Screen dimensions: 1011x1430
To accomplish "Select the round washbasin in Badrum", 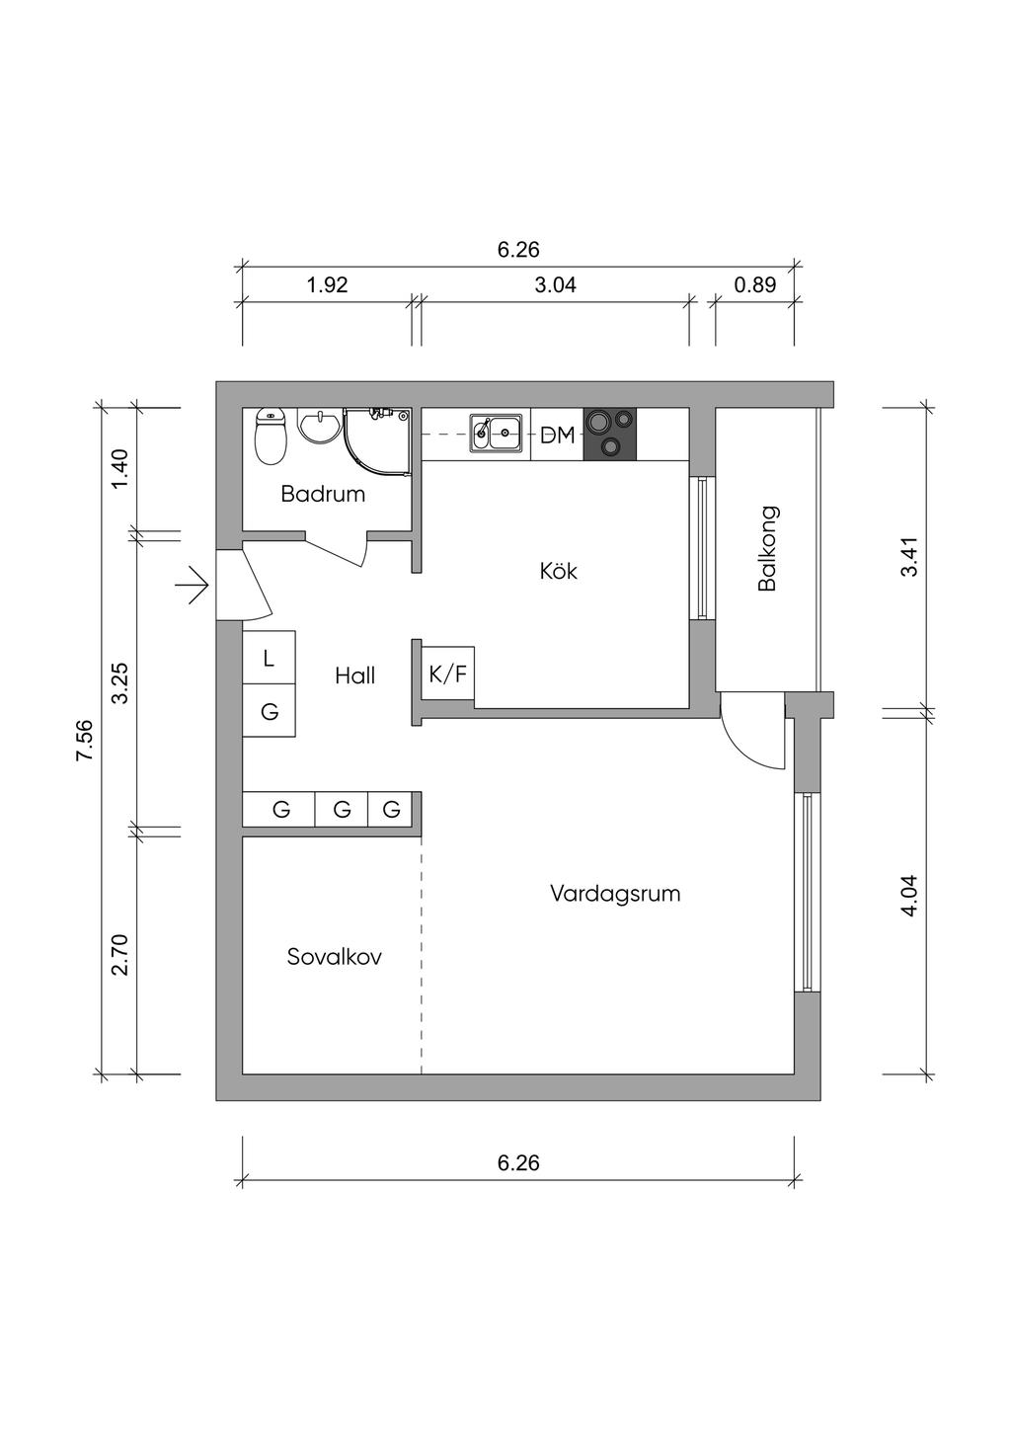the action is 320,426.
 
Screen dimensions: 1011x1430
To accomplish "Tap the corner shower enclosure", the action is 376,441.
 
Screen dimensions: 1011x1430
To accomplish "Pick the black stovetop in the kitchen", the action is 609,435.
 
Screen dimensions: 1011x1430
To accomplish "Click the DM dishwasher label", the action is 557,437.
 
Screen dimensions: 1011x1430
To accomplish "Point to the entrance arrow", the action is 199,584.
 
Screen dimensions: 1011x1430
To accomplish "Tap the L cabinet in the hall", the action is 269,657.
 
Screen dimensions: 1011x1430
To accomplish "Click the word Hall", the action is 354,676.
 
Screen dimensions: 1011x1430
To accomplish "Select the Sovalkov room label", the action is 334,957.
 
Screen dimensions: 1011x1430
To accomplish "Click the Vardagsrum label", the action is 615,894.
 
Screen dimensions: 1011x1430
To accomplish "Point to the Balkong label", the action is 767,549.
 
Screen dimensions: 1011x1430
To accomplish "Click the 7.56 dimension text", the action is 85,741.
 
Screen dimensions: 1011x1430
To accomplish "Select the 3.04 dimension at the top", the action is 555,284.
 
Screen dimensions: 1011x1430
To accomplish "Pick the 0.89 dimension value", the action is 755,284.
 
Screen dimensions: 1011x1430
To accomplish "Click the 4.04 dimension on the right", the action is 909,895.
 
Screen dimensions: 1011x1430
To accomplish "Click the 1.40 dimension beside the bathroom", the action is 120,469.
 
